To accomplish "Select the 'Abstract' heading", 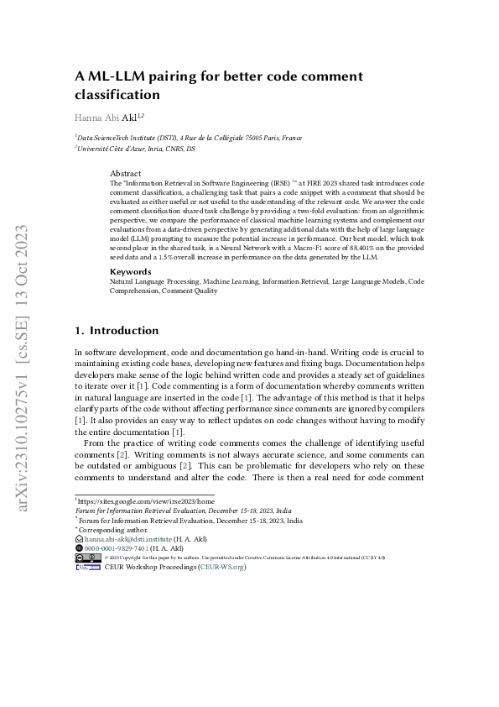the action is (x=126, y=173).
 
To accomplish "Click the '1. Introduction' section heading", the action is (x=117, y=331).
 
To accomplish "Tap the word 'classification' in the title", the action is (x=117, y=95).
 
